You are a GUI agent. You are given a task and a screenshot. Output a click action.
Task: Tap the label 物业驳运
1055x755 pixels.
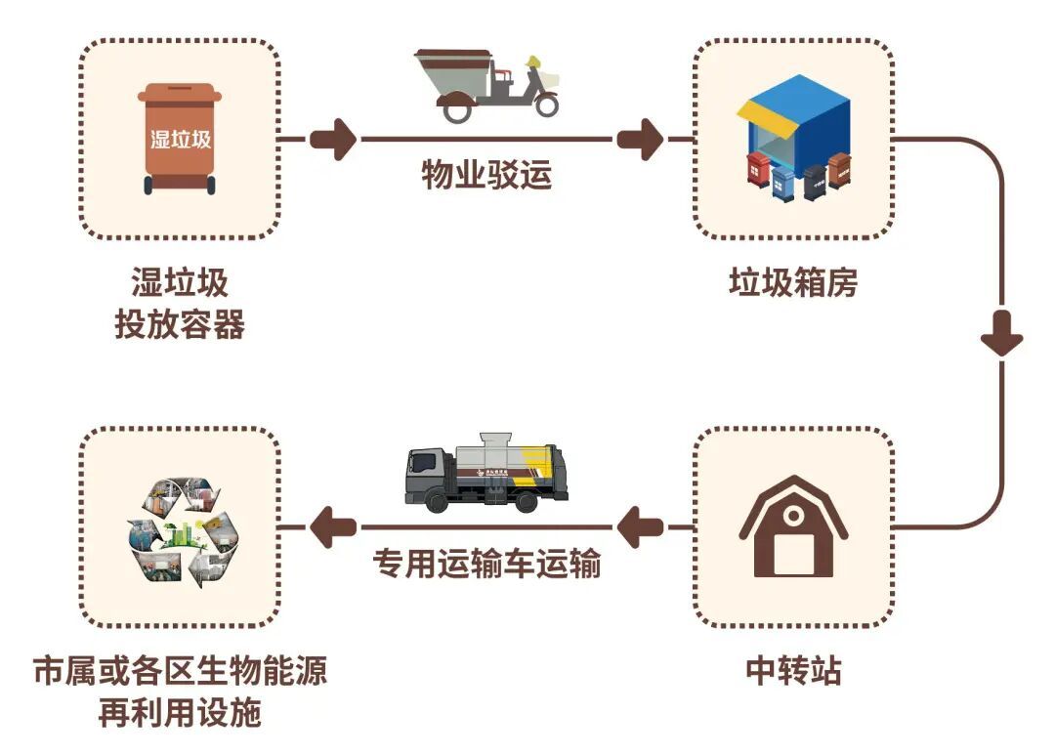pyautogui.click(x=486, y=176)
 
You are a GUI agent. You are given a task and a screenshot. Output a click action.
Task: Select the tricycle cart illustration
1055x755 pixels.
pyautogui.click(x=486, y=85)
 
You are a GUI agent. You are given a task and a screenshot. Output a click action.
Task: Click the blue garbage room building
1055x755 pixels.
pyautogui.click(x=793, y=132)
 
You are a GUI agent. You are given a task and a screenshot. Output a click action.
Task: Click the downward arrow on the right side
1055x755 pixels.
pyautogui.click(x=1001, y=337)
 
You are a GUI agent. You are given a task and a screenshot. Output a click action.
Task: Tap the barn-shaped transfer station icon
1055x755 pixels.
pyautogui.click(x=793, y=527)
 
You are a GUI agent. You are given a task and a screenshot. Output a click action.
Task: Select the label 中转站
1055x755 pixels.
pyautogui.click(x=793, y=671)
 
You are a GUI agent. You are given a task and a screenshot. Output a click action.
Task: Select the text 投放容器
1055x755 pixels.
pyautogui.click(x=180, y=324)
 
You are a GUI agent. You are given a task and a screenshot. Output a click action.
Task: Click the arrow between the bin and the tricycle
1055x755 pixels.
pyautogui.click(x=335, y=139)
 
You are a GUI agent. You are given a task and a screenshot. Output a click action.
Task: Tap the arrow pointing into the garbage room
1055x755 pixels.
pyautogui.click(x=641, y=139)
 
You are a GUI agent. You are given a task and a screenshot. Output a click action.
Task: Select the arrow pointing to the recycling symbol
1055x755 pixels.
pyautogui.click(x=332, y=528)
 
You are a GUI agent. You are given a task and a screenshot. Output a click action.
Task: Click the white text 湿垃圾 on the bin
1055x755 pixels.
pyautogui.click(x=180, y=139)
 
